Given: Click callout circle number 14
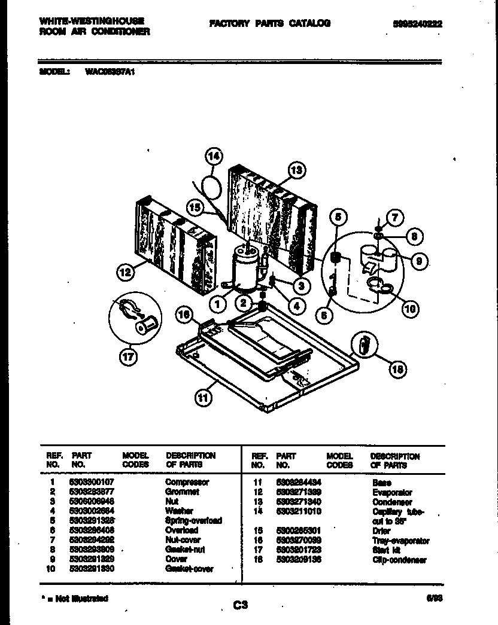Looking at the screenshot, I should (x=213, y=157).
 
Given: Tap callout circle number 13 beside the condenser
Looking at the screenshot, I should (x=296, y=170).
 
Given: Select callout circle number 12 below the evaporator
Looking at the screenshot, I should (x=124, y=273).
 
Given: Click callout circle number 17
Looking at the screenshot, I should (x=127, y=357).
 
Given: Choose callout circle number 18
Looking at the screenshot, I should (x=396, y=370).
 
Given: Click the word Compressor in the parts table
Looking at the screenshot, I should (x=187, y=482).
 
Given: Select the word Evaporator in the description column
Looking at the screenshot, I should (x=391, y=492).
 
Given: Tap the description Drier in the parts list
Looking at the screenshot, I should (x=381, y=531).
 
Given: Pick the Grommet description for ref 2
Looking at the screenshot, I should (x=182, y=492).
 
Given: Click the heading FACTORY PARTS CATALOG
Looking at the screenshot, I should (x=269, y=23).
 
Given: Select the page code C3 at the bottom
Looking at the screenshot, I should (x=240, y=605).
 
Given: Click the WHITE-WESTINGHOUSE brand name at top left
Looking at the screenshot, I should (x=92, y=21).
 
